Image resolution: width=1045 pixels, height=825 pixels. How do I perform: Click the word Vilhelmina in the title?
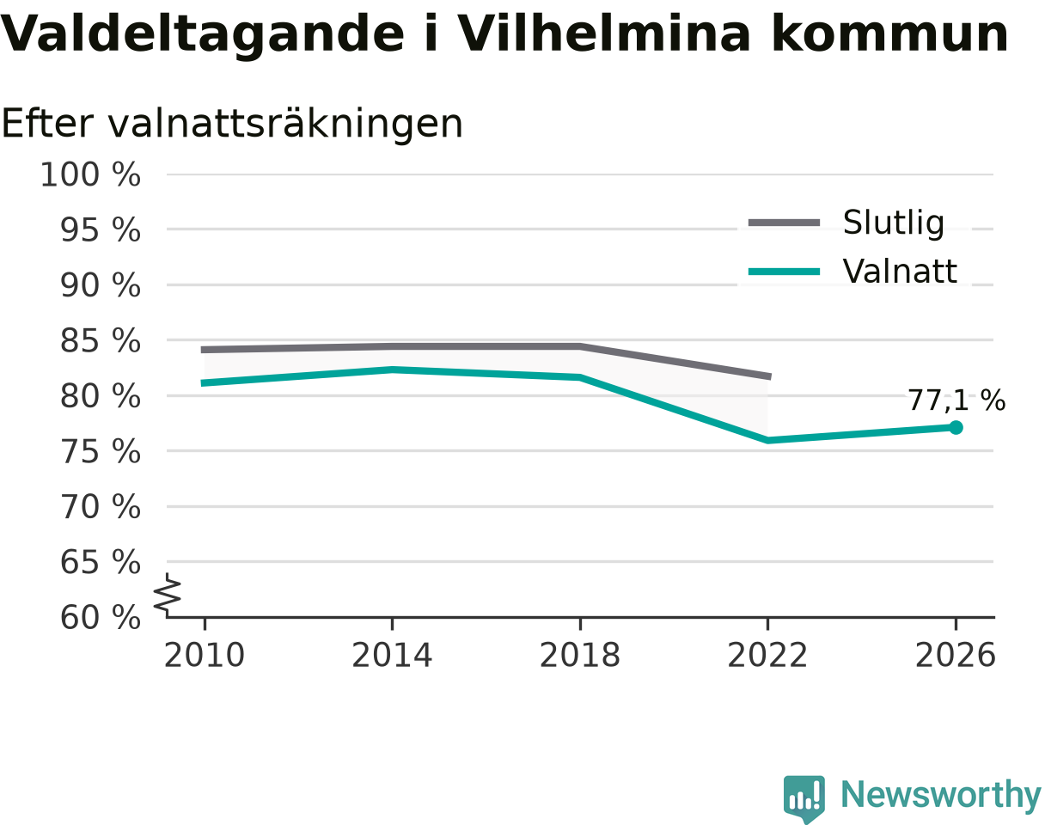pyautogui.click(x=604, y=34)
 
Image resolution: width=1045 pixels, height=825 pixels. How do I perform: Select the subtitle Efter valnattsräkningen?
pyautogui.click(x=232, y=124)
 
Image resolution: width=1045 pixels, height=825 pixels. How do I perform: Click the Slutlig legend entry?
pyautogui.click(x=846, y=223)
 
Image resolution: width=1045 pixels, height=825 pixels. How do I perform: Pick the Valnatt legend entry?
pyautogui.click(x=852, y=271)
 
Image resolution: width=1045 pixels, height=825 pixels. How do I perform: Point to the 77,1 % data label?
pyautogui.click(x=956, y=400)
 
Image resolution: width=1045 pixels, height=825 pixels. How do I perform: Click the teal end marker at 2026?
pyautogui.click(x=956, y=427)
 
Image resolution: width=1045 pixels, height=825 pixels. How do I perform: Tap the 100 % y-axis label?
pyautogui.click(x=90, y=174)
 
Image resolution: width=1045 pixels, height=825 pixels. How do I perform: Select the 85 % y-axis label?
pyautogui.click(x=101, y=341)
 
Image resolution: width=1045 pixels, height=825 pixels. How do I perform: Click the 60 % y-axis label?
pyautogui.click(x=101, y=618)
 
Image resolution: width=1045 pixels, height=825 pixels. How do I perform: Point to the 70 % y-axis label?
pyautogui.click(x=101, y=507)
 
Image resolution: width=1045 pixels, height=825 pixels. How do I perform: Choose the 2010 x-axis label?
pyautogui.click(x=205, y=656)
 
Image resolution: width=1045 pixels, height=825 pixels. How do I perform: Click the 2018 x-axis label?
pyautogui.click(x=580, y=656)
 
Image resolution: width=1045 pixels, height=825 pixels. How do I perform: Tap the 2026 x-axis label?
pyautogui.click(x=955, y=656)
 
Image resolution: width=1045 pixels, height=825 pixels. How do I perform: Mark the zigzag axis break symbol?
pyautogui.click(x=168, y=591)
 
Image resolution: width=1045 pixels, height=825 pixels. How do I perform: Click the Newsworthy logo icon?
pyautogui.click(x=804, y=797)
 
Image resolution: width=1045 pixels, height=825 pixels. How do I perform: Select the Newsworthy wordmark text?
pyautogui.click(x=941, y=795)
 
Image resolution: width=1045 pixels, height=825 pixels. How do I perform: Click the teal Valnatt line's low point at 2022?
pyautogui.click(x=767, y=440)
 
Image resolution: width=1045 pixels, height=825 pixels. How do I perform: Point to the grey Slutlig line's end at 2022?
pyautogui.click(x=770, y=376)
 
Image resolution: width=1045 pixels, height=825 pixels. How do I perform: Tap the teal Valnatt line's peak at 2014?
pyautogui.click(x=393, y=370)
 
